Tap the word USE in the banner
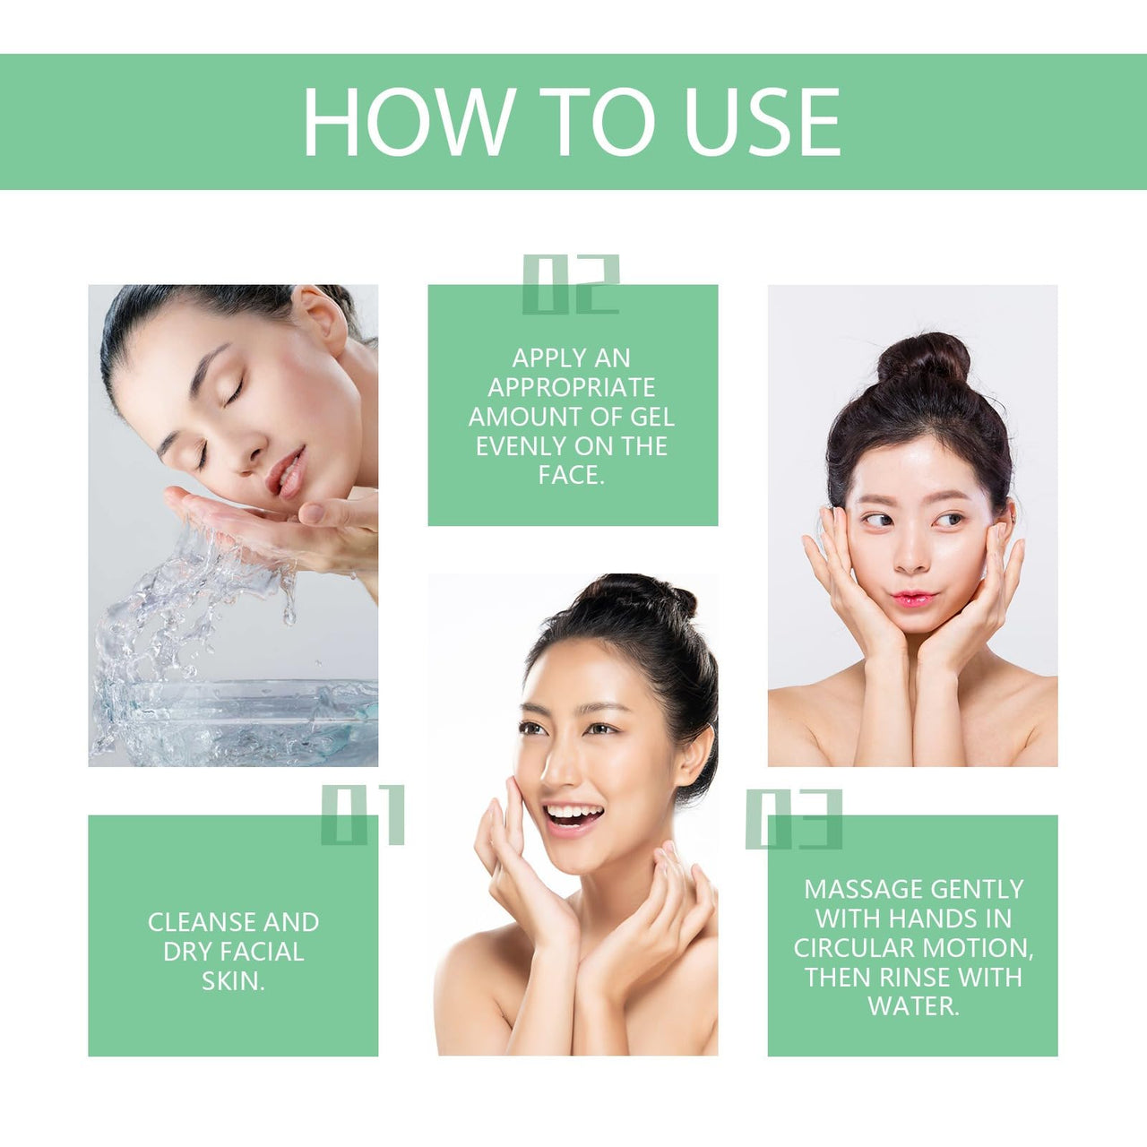762,123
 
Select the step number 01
363,815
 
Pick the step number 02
571,285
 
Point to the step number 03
794,819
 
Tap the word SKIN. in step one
233,981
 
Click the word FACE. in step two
572,475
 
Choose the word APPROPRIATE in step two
572,387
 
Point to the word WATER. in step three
913,1006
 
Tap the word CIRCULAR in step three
853,948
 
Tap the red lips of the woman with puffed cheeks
913,598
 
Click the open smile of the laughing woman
573,816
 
